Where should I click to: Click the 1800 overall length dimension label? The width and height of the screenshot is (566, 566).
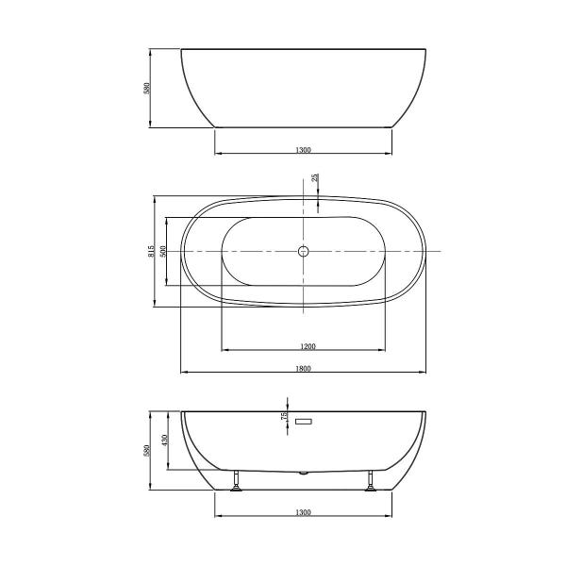pyautogui.click(x=303, y=368)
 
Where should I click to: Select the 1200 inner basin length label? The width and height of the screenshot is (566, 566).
pyautogui.click(x=303, y=346)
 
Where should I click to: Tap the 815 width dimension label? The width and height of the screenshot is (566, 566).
pyautogui.click(x=151, y=251)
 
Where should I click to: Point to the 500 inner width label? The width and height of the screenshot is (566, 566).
pyautogui.click(x=163, y=251)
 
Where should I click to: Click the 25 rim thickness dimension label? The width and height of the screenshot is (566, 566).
pyautogui.click(x=315, y=178)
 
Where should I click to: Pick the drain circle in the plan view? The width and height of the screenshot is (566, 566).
pyautogui.click(x=303, y=252)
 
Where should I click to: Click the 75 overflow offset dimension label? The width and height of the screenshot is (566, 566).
pyautogui.click(x=284, y=416)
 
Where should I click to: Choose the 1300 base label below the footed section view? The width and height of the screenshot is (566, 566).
pyautogui.click(x=303, y=512)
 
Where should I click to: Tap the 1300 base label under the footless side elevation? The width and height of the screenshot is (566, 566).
pyautogui.click(x=303, y=149)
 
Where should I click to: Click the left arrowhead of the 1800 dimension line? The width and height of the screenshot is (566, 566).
pyautogui.click(x=184, y=373)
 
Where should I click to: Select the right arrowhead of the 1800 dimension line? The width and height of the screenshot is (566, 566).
pyautogui.click(x=424, y=373)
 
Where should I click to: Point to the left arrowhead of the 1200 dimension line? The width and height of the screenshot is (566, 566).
pyautogui.click(x=225, y=351)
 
